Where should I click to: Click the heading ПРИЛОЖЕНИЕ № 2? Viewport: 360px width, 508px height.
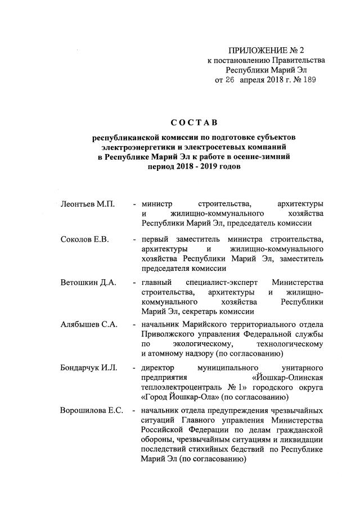(263, 51)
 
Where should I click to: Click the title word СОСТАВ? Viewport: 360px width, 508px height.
(193, 123)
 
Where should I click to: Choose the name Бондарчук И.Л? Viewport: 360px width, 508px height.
(88, 368)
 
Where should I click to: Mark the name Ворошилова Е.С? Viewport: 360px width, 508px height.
(92, 409)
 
